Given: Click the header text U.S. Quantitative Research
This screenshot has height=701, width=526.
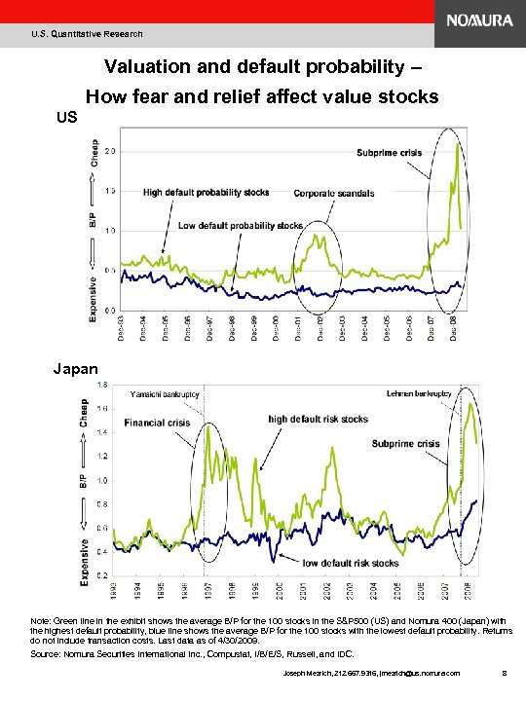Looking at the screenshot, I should pyautogui.click(x=87, y=34).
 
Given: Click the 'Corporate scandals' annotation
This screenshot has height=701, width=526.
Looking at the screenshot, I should pyautogui.click(x=334, y=194).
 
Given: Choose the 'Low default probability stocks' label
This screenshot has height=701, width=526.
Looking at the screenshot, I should pyautogui.click(x=241, y=226).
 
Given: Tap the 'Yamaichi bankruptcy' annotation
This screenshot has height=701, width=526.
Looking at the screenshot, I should pyautogui.click(x=166, y=394).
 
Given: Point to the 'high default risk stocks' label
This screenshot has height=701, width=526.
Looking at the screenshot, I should pyautogui.click(x=319, y=419).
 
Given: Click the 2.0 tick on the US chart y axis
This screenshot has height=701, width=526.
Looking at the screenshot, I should pyautogui.click(x=110, y=151).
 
